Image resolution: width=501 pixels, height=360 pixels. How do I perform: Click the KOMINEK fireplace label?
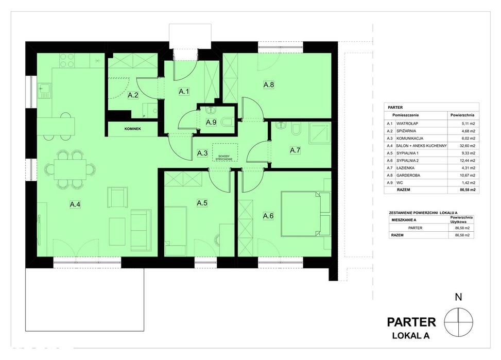133,129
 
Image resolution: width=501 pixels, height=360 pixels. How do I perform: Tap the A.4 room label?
75,204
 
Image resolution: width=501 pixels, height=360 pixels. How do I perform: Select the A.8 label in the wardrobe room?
269,85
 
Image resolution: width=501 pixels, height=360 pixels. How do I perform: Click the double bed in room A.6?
301,214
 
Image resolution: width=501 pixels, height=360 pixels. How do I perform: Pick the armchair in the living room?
117,197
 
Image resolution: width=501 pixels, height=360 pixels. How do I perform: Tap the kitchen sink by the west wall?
44,91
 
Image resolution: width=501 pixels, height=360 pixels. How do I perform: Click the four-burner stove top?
67,60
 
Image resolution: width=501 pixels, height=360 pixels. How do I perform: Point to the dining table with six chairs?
70,170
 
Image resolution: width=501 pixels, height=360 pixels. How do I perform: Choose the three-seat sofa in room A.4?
141,230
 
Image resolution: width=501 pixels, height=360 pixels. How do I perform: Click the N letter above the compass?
458,297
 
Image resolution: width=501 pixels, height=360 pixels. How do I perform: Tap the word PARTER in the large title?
411,322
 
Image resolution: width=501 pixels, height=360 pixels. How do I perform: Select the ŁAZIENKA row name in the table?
405,168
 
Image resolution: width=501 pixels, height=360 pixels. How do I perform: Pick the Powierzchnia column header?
462,115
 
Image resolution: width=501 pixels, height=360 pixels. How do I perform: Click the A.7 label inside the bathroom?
295,150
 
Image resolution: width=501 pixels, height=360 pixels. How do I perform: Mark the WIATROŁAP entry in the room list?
407,124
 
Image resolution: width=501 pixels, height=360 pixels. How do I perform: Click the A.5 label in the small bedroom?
202,203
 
